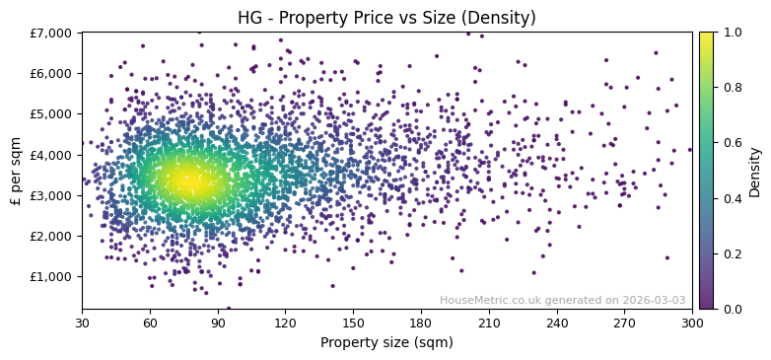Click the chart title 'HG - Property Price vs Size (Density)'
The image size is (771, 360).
click(386, 18)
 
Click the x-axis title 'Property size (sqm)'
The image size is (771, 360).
click(386, 343)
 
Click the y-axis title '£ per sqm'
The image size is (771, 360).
click(16, 171)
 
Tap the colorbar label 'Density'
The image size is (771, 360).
click(754, 171)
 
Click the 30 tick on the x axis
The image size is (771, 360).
click(82, 323)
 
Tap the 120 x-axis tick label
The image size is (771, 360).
click(285, 323)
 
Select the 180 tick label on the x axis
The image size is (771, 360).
click(421, 323)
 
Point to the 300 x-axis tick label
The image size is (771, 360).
click(692, 323)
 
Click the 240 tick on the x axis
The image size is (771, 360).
click(556, 323)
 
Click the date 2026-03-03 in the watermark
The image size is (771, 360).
click(654, 301)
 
